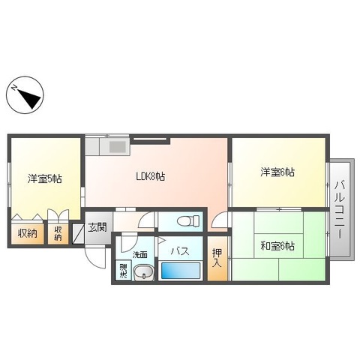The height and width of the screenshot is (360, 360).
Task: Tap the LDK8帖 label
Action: [x=150, y=177]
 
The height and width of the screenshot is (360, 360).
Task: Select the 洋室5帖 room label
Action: [x=45, y=178]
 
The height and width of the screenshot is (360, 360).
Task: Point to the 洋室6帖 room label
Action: [x=277, y=172]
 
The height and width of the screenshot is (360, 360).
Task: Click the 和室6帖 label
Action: [x=277, y=246]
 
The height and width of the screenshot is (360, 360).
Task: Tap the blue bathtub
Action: [x=181, y=271]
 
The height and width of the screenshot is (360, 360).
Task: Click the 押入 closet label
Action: [x=217, y=257]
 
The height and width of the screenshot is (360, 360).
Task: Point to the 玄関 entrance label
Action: [x=97, y=227]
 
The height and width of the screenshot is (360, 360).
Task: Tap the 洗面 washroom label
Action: [x=139, y=254]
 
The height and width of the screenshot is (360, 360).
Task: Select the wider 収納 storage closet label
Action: [x=28, y=233]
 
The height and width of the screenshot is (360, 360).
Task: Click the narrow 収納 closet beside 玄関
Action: [x=58, y=233]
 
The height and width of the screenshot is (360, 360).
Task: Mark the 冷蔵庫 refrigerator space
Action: [x=122, y=271]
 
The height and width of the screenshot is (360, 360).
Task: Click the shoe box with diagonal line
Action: [x=77, y=233]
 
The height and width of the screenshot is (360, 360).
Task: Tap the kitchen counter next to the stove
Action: [x=97, y=145]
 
